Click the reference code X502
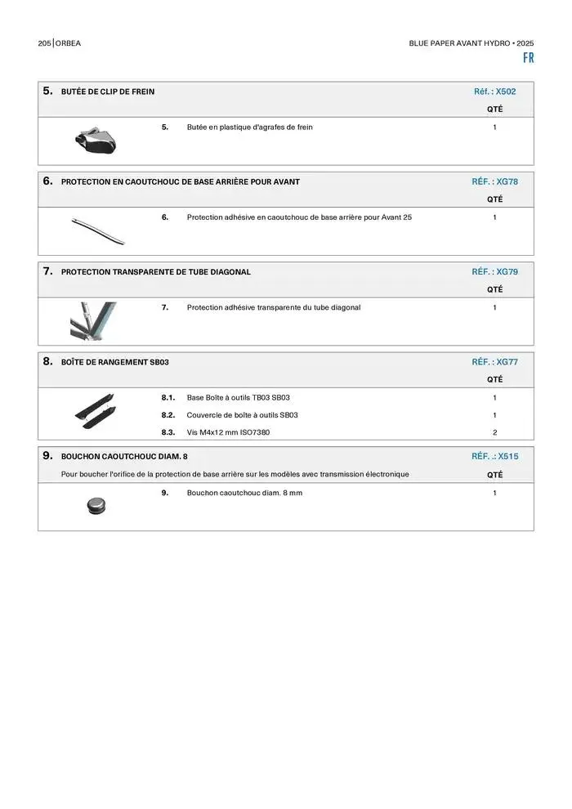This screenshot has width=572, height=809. [x=506, y=92]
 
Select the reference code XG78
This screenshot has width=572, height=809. [x=507, y=181]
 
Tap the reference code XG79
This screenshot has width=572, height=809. [x=507, y=271]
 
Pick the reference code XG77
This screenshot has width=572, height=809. [x=507, y=361]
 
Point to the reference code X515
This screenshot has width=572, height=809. [x=507, y=456]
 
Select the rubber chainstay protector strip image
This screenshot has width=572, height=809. [x=98, y=230]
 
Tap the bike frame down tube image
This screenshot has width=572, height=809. [x=93, y=320]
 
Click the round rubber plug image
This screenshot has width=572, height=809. [x=96, y=506]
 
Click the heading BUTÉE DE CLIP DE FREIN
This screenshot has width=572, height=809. [x=108, y=92]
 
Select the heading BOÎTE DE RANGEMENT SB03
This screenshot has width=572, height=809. [x=115, y=361]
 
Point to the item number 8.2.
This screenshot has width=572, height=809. [x=168, y=415]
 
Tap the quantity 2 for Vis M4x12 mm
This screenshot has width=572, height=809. [x=494, y=432]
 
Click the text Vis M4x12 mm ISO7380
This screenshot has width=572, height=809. [x=228, y=432]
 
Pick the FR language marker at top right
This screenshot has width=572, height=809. [x=528, y=58]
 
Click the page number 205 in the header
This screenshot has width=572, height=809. [x=44, y=42]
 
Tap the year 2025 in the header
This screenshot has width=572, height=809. [x=525, y=42]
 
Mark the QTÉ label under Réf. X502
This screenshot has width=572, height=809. [x=494, y=109]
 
